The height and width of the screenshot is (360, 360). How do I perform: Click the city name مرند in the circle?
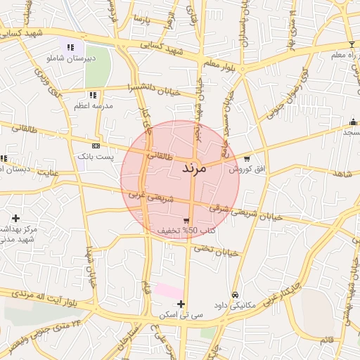193,169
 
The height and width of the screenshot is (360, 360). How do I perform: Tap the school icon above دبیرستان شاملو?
70,47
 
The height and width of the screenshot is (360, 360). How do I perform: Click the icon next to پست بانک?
96,146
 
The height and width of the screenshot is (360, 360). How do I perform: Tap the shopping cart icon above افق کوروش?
247,158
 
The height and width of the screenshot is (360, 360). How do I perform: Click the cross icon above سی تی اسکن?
181,304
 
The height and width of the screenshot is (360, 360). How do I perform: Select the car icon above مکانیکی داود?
235,295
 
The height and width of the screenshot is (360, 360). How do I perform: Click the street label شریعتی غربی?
148,195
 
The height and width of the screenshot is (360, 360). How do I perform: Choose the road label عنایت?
48,172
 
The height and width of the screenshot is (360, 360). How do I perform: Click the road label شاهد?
342,173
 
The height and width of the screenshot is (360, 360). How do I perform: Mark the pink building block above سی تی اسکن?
168,290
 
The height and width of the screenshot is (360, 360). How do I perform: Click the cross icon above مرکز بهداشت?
15,218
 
